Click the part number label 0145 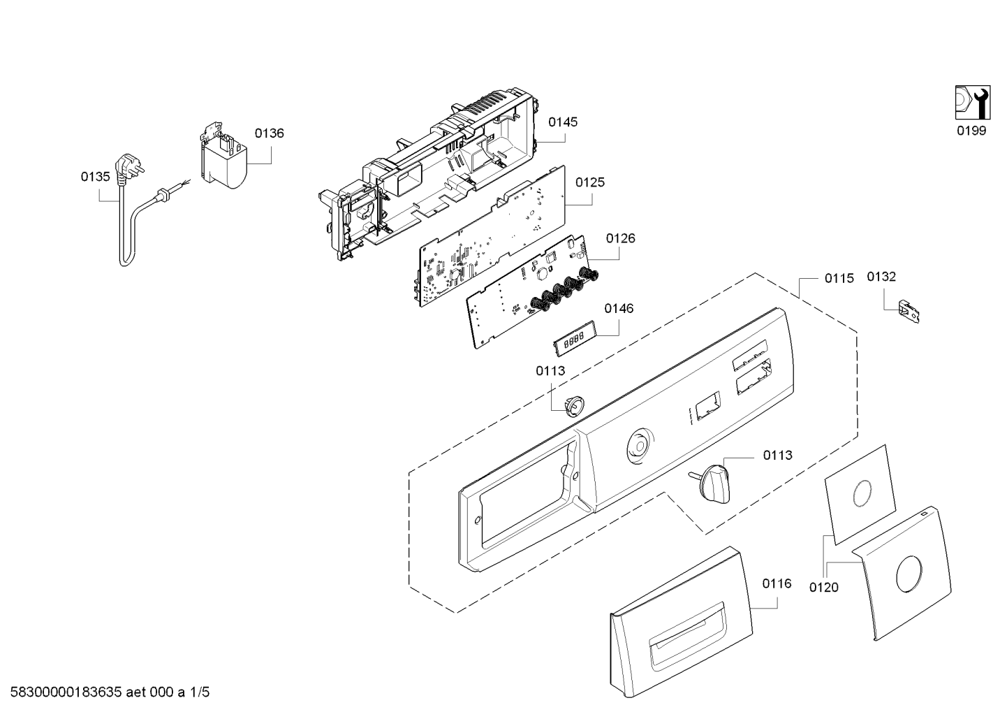tap(563, 122)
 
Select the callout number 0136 tap(270, 133)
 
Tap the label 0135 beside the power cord tap(95, 177)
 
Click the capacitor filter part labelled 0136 tap(223, 156)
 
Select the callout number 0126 tap(620, 238)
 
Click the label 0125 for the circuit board tap(590, 182)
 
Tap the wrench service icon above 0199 tap(972, 109)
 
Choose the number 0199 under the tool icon tap(971, 131)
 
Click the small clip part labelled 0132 tap(909, 311)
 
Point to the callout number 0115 tap(839, 278)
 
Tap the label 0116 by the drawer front tap(777, 584)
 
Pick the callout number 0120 tap(823, 588)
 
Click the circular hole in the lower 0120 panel tap(909, 574)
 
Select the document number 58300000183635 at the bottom tap(66, 692)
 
